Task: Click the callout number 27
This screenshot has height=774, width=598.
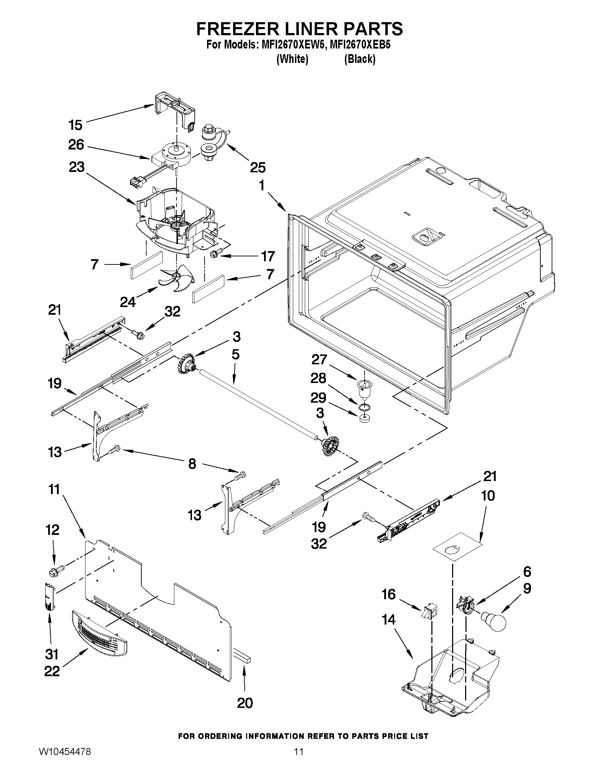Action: tap(319, 360)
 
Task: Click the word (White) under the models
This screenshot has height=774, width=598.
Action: tap(292, 59)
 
